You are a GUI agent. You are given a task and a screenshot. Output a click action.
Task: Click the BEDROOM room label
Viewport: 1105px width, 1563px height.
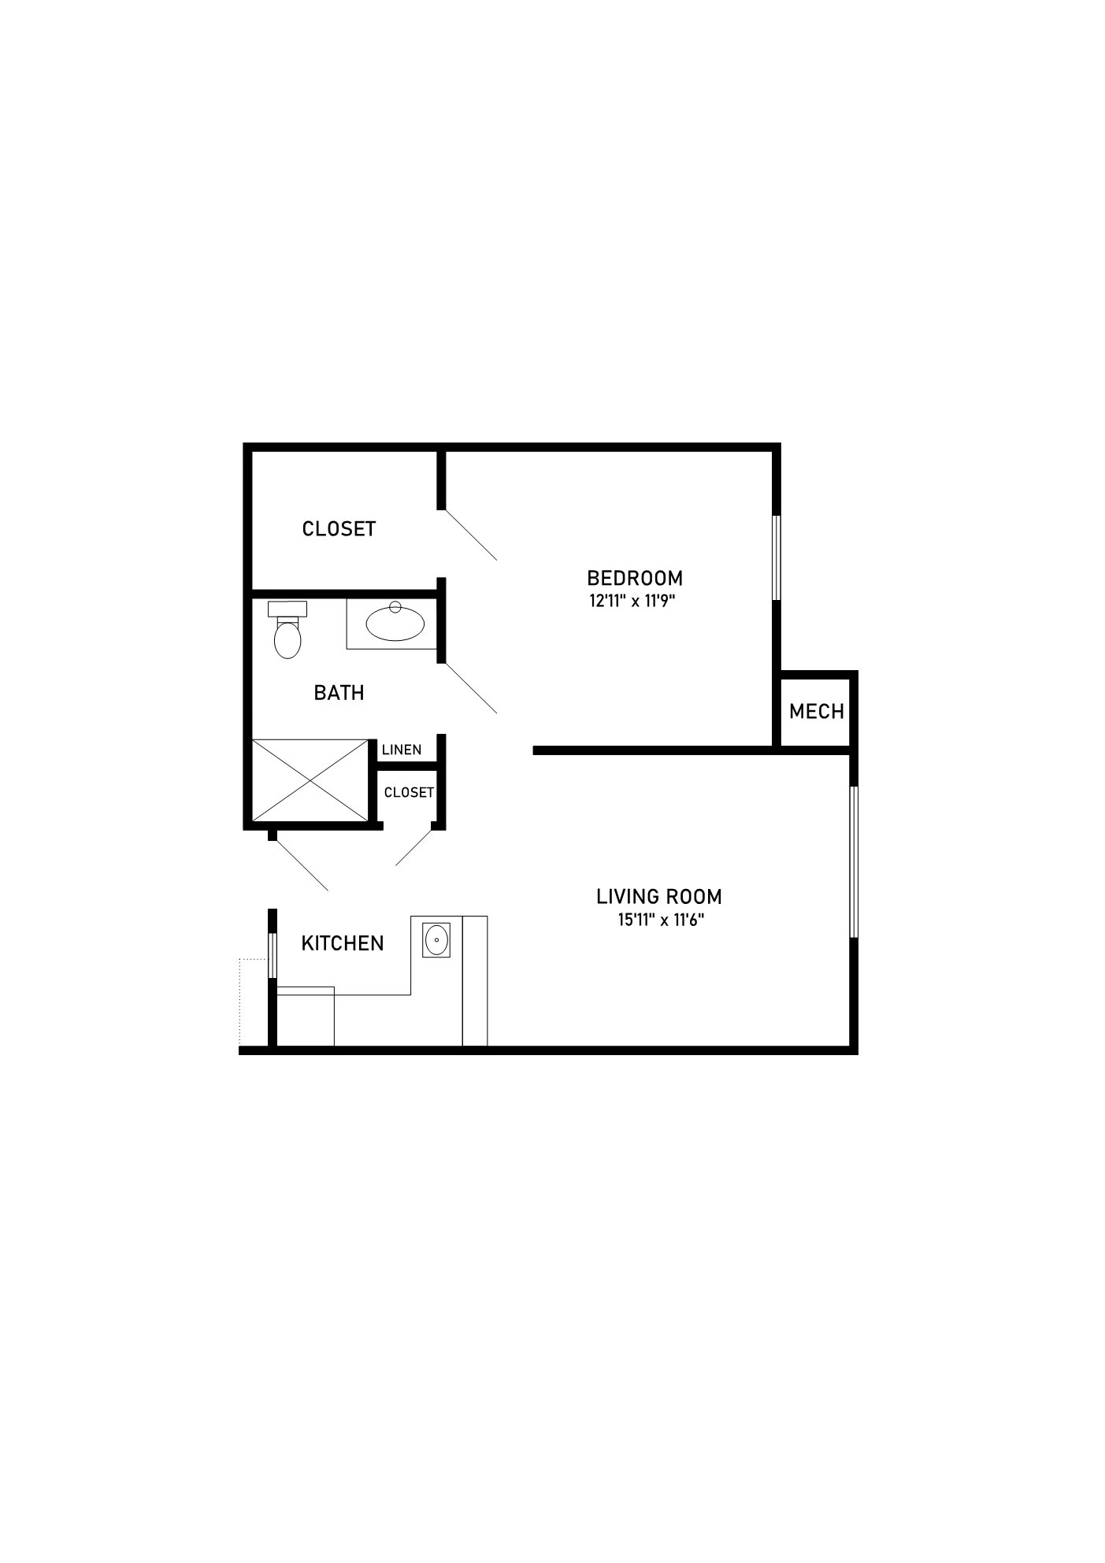point(635,578)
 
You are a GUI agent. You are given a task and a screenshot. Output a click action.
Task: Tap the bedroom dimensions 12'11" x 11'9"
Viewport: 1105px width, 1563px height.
point(633,602)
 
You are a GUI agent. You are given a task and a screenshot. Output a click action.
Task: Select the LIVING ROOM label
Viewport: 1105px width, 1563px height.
point(659,896)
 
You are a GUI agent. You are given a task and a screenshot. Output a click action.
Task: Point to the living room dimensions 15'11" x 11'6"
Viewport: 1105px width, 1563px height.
point(661,919)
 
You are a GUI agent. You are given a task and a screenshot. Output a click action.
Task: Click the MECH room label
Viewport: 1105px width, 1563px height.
point(817,711)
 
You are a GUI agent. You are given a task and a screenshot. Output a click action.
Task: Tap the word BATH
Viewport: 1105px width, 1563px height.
point(339,693)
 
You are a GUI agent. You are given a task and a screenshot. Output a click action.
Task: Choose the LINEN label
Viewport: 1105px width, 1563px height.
point(402,750)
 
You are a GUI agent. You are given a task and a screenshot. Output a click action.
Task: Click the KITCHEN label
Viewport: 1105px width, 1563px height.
point(343,943)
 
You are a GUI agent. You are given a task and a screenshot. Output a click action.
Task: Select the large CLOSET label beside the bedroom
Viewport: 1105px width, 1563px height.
point(339,528)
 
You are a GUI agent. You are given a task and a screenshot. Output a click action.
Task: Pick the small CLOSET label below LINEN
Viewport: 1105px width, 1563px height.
point(409,792)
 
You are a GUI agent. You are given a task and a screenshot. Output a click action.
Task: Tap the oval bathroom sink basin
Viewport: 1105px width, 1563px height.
point(395,623)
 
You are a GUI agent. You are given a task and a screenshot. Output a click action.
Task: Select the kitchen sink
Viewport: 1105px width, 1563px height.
point(436,940)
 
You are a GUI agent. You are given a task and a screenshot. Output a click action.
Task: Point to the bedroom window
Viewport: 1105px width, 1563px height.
point(776,557)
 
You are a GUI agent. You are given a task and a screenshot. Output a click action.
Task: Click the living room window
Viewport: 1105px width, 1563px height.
point(854,861)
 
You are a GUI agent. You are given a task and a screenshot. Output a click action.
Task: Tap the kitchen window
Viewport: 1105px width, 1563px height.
point(273,955)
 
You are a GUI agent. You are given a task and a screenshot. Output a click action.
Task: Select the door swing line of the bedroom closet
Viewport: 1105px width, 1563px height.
point(470,535)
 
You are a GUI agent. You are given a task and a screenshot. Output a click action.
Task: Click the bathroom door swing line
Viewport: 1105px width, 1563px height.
point(470,688)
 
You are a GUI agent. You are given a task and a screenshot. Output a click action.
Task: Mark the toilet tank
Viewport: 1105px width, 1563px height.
point(287,609)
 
